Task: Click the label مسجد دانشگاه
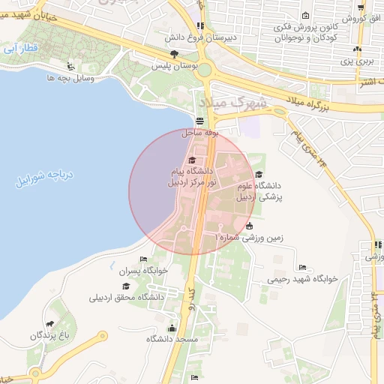tap(172, 340)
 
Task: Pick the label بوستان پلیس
tap(175, 65)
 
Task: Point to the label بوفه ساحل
tap(200, 132)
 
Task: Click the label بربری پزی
tap(358, 60)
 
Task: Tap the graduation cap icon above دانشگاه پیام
tap(191, 160)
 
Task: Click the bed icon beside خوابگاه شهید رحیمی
tap(303, 267)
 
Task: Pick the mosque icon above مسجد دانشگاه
tap(172, 328)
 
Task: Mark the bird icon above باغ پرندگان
tap(49, 325)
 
